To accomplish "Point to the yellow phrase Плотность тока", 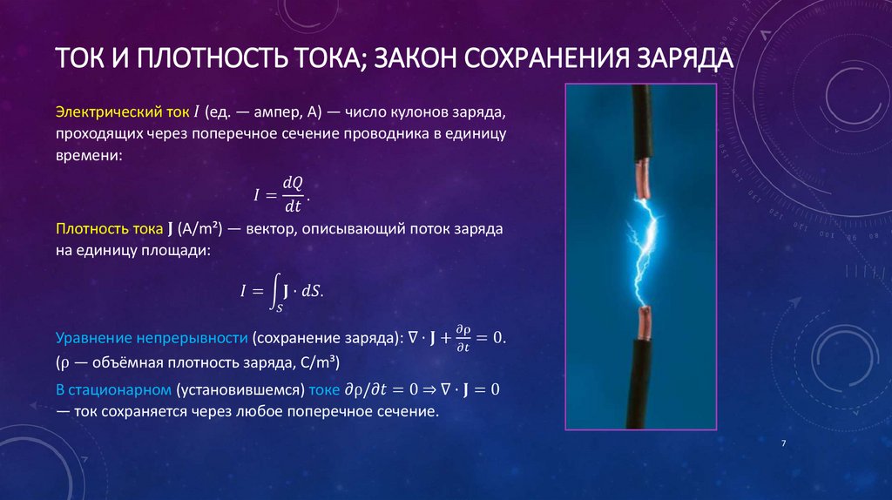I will (x=108, y=229).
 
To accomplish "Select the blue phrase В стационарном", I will (x=112, y=389).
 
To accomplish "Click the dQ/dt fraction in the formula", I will (x=292, y=193).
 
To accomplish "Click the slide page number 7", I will (x=784, y=444).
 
